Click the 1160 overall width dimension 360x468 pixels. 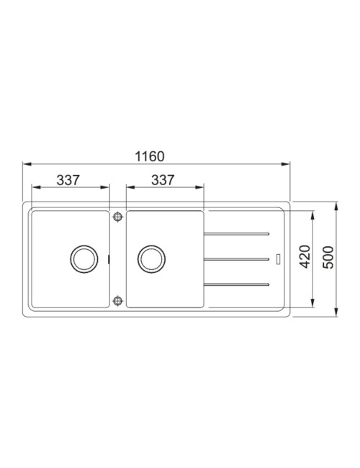tap(150, 156)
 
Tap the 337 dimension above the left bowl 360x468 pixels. tap(68, 180)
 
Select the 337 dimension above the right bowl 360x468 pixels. tap(163, 180)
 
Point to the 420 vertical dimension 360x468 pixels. tap(305, 257)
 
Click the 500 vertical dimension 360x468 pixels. tap(328, 257)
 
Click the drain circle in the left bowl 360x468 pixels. tap(84, 259)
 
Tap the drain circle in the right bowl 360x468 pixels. tap(152, 259)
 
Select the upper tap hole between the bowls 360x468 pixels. tap(118, 217)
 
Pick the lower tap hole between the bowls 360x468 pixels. tap(118, 300)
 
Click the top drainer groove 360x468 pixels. tap(237, 234)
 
